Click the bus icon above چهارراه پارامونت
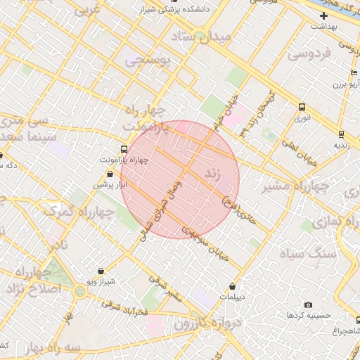coord(124,149)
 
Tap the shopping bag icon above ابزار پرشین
coord(110,173)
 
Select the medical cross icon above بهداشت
coord(323,15)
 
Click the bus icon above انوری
coord(302,108)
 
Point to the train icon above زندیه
coord(341,134)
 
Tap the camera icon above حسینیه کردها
coord(308,304)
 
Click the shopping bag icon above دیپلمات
coord(233,286)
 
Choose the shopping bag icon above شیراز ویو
coord(101,271)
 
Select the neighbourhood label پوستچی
coord(148,61)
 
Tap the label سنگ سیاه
coord(306,253)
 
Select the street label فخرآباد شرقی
coord(124,308)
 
